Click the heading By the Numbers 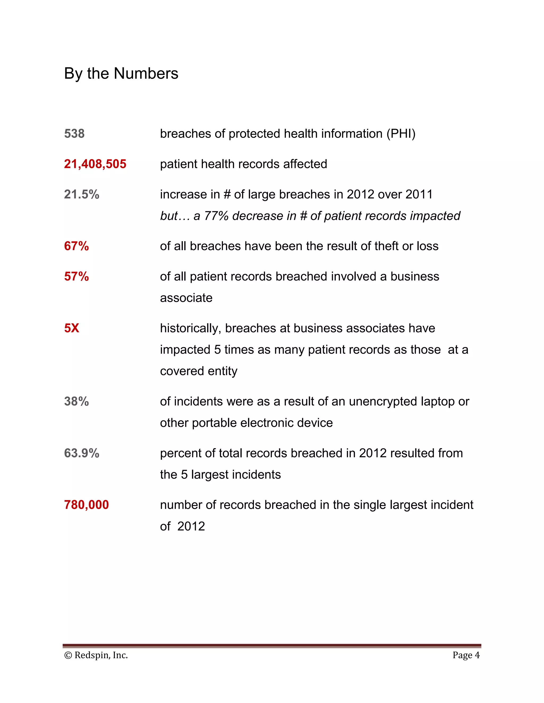[x=121, y=73]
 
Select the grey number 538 [x=74, y=134]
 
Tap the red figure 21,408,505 [x=95, y=164]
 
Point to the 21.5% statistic [x=82, y=194]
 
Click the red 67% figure [x=76, y=246]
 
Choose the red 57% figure [x=76, y=276]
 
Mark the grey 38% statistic [x=76, y=401]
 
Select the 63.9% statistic [x=82, y=453]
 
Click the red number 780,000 [x=86, y=505]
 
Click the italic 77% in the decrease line [x=216, y=216]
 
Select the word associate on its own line [x=186, y=298]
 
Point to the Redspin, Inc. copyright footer [x=96, y=655]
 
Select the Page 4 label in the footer [x=466, y=655]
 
